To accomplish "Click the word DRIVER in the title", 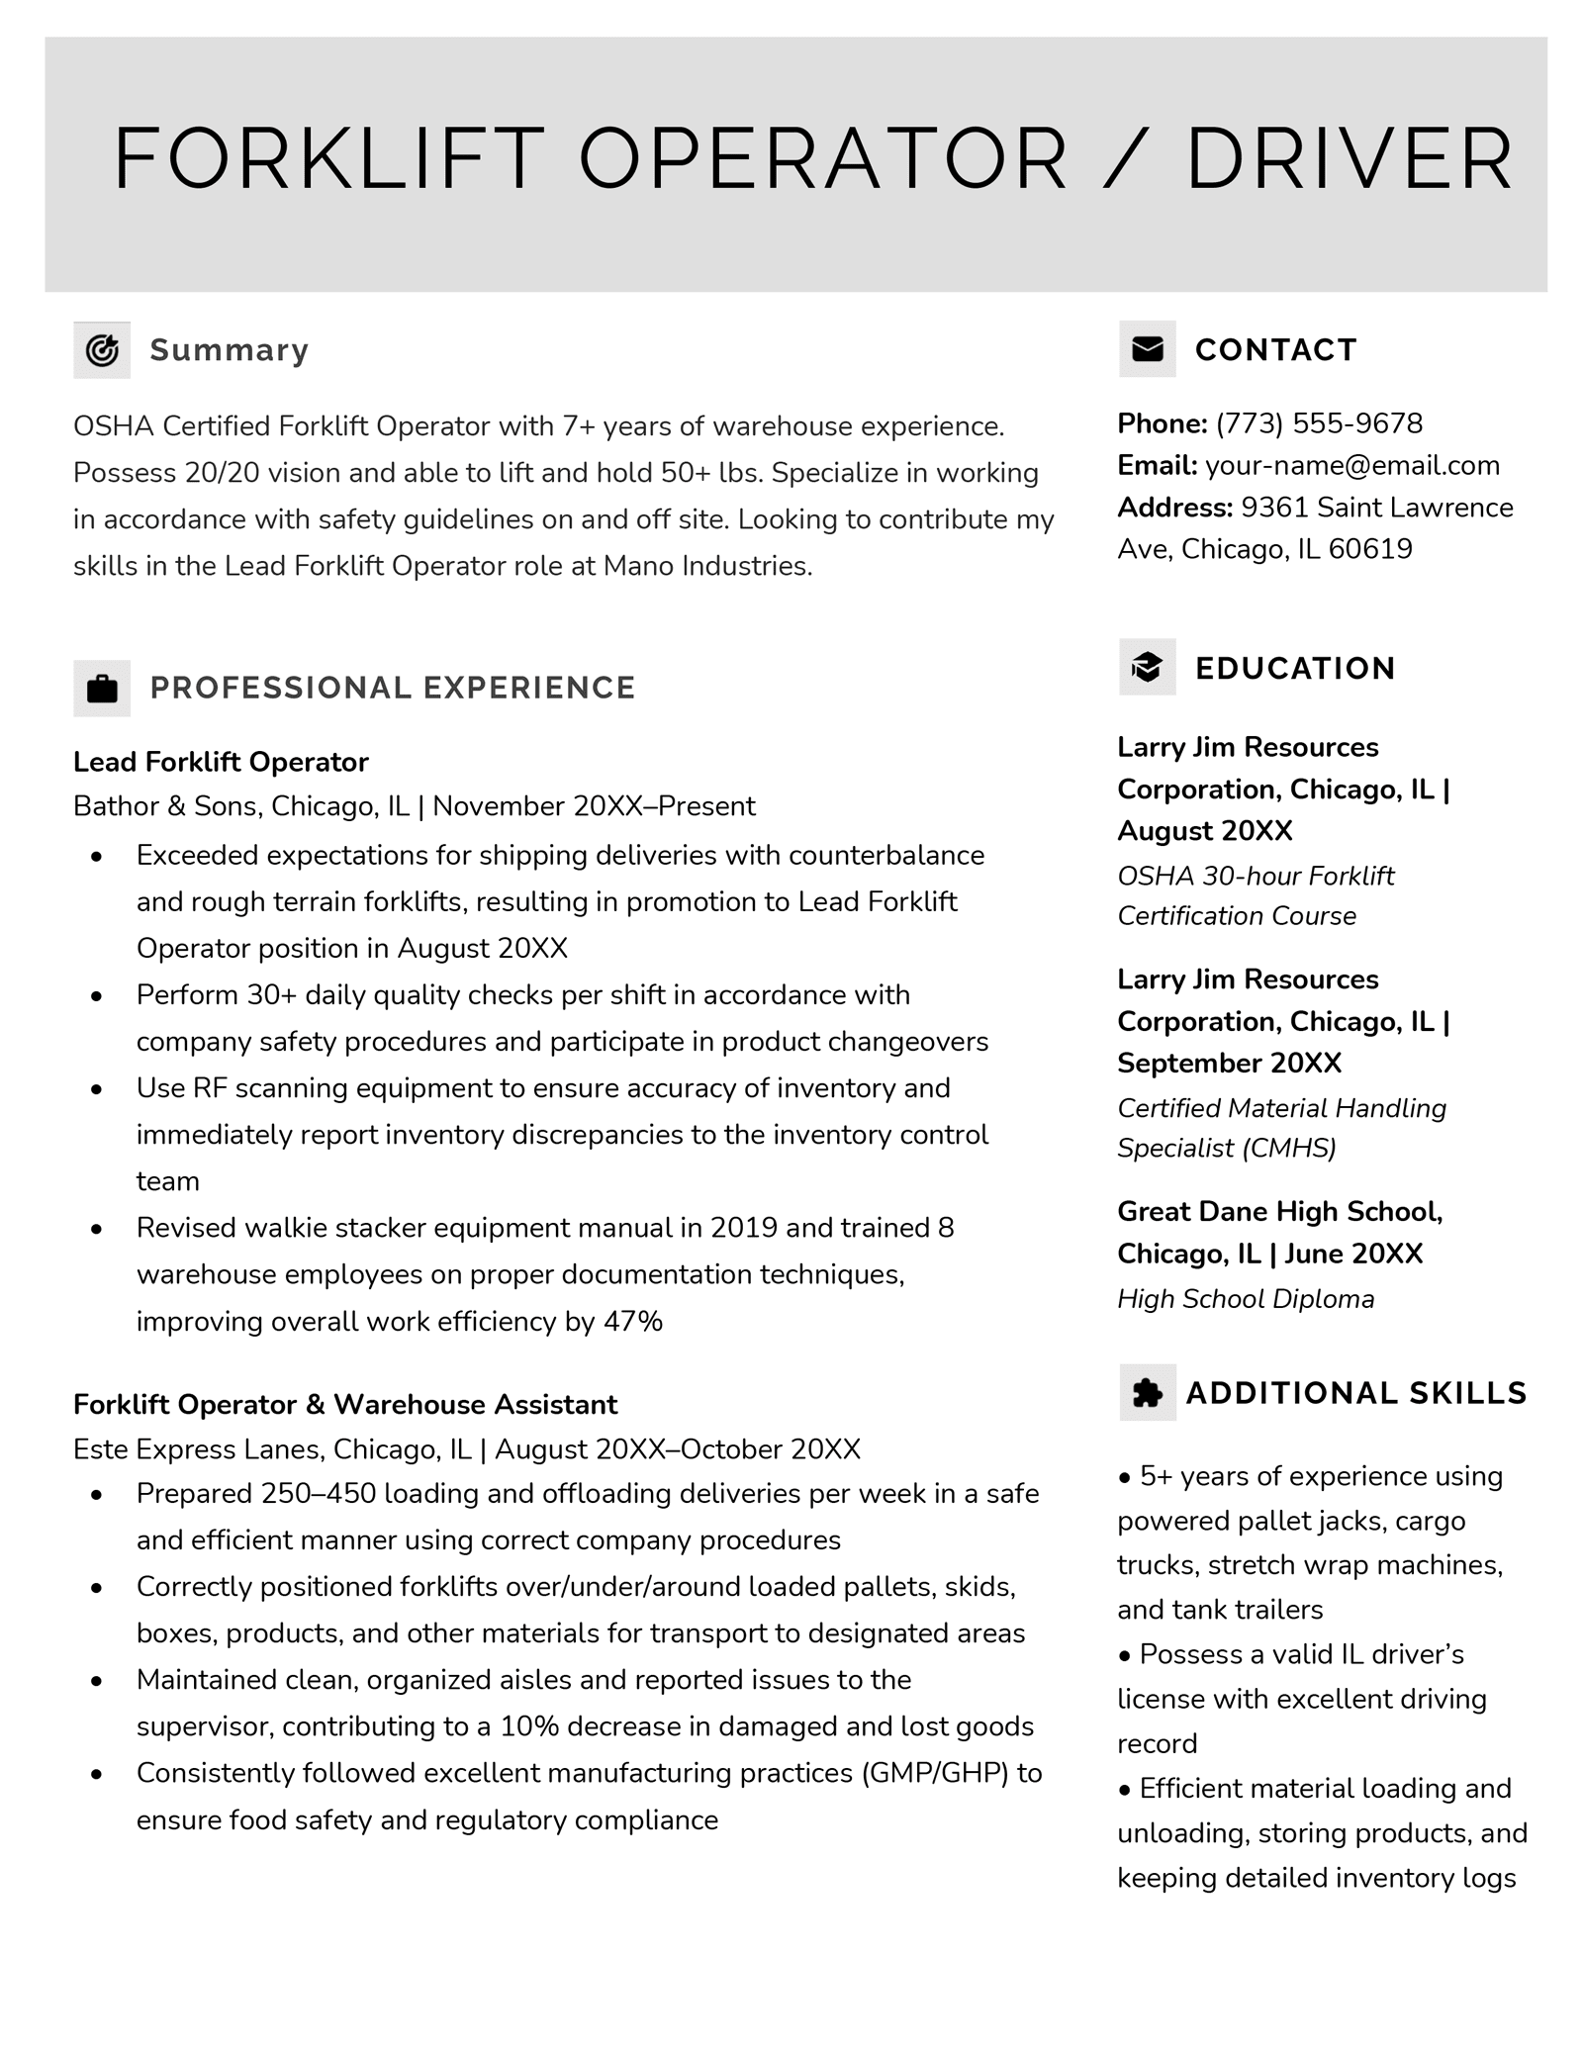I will [1350, 159].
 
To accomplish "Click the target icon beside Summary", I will [102, 350].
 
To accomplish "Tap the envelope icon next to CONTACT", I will [1147, 349].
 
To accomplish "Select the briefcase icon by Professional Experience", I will [102, 688].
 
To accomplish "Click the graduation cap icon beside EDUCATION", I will [1147, 668].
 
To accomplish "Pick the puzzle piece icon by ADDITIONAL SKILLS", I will [1147, 1393].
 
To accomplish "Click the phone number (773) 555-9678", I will [1319, 423].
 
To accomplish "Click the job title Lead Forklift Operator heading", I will [221, 762].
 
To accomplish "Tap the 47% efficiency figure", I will [632, 1322].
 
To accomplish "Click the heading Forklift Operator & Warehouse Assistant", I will [345, 1405].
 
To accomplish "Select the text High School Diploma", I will [1246, 1299].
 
